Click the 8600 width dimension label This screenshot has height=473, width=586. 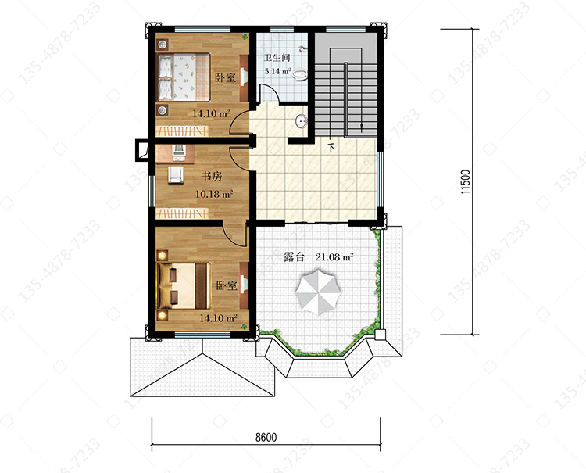click(266, 437)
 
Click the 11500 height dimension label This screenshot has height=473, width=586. click(466, 181)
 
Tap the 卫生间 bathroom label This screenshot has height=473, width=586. click(277, 58)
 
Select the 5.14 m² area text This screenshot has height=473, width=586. click(277, 70)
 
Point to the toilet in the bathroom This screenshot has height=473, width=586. click(300, 75)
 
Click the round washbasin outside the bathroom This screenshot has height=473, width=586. click(302, 120)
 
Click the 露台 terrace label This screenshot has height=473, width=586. click(294, 257)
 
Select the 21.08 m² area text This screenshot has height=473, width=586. click(334, 257)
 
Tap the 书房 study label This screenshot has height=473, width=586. click(212, 176)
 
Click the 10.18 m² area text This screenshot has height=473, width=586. click(215, 194)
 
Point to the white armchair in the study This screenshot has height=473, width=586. click(176, 174)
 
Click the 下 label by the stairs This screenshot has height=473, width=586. click(331, 148)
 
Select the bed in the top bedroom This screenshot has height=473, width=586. click(184, 77)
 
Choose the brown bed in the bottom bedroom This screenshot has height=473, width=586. click(184, 285)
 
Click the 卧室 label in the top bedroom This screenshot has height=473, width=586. click(225, 77)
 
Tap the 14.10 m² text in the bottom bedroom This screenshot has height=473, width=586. click(218, 318)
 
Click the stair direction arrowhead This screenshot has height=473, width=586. click(362, 128)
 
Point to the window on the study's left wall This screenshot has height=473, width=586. click(152, 192)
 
